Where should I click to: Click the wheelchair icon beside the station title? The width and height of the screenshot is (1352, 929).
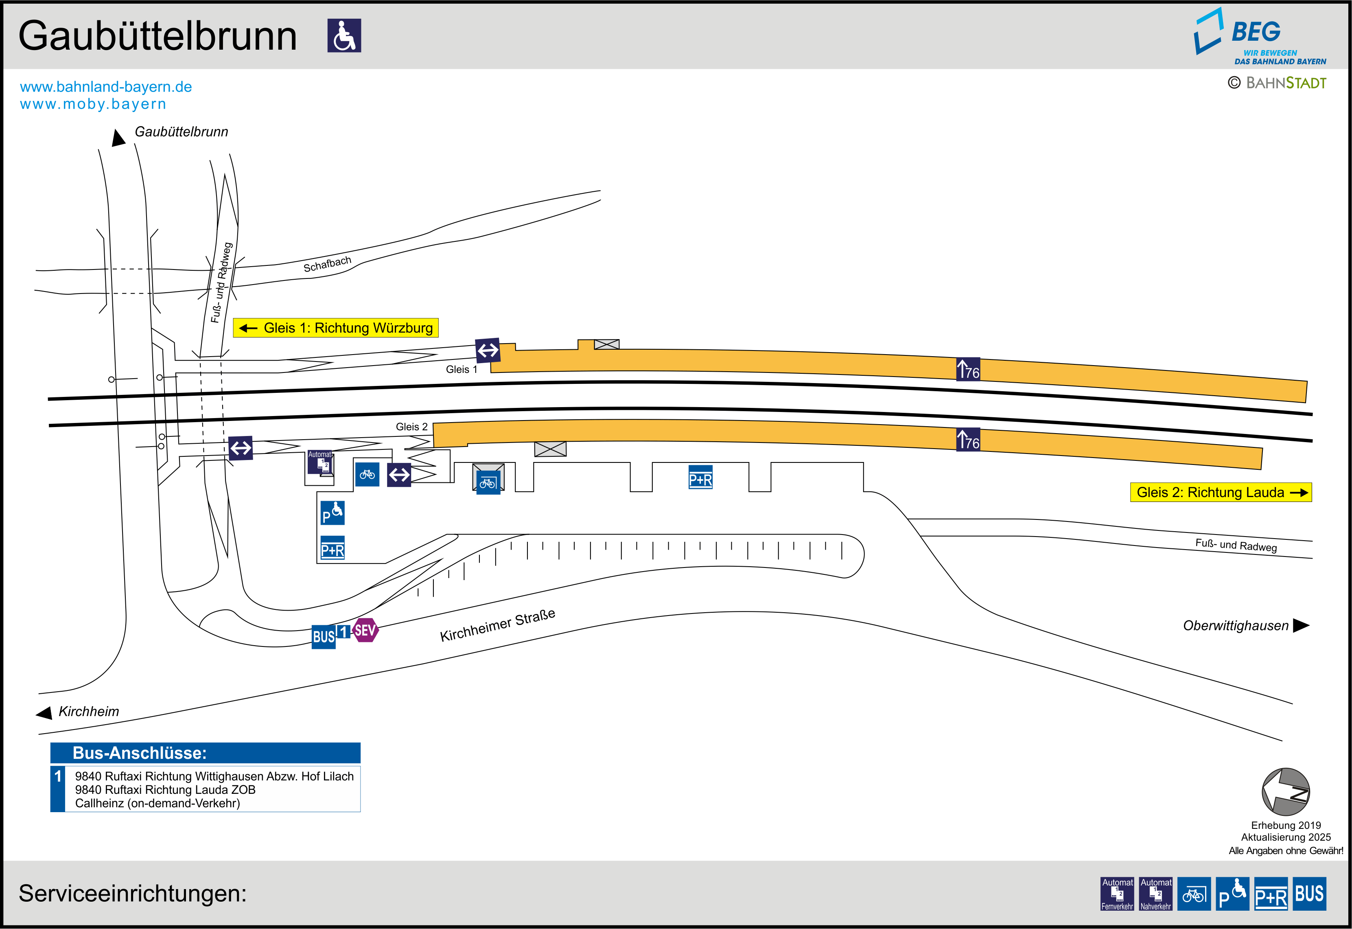(344, 35)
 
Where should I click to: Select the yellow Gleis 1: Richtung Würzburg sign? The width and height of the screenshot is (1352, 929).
(336, 328)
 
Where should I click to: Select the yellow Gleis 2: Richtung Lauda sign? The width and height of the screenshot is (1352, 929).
(1221, 493)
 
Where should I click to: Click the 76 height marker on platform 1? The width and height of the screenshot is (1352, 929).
(968, 370)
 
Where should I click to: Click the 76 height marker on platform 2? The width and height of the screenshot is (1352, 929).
(968, 440)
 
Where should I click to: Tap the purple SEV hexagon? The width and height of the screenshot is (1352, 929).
(365, 630)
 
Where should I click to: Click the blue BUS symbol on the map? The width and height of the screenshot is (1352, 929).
(324, 636)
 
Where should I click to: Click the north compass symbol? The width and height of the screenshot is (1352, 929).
(1286, 792)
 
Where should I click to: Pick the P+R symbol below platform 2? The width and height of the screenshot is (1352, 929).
(700, 477)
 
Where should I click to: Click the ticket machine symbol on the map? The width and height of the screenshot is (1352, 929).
(320, 463)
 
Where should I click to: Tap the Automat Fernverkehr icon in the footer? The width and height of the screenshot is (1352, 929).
(1117, 894)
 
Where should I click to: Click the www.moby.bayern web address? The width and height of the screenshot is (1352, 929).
(93, 104)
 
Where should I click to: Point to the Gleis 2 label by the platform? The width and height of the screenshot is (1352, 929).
(411, 427)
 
